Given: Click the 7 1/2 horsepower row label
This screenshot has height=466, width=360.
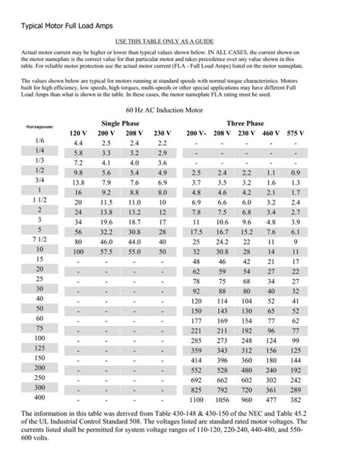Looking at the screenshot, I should click(x=39, y=239).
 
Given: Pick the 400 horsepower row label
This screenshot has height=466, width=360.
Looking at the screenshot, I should click(x=39, y=398).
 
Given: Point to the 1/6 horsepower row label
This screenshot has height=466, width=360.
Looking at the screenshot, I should click(x=39, y=141).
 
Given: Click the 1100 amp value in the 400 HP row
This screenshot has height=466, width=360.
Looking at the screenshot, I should click(x=196, y=399).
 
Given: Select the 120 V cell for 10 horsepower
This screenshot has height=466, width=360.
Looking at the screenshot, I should click(x=77, y=251).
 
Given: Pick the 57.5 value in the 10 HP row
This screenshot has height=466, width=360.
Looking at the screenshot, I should click(x=106, y=251).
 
